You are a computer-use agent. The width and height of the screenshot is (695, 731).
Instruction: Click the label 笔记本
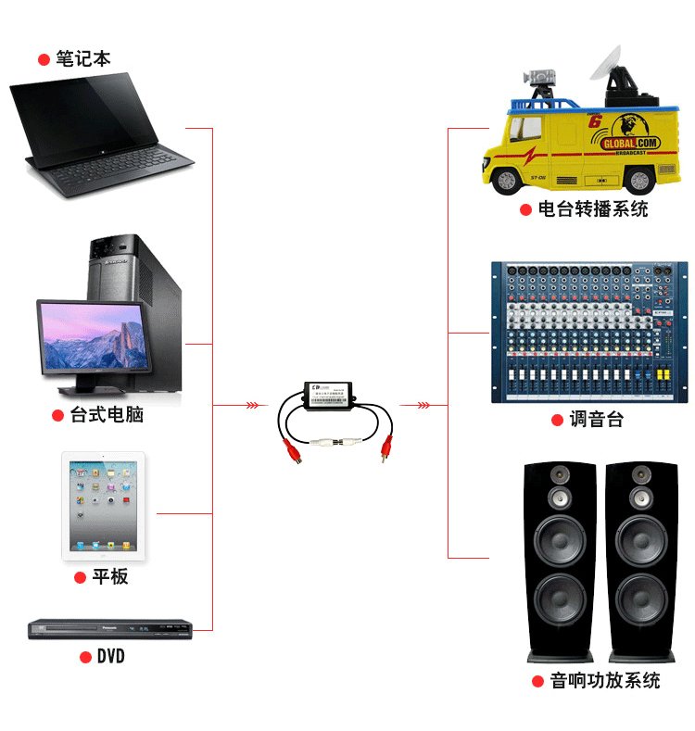coord(82,59)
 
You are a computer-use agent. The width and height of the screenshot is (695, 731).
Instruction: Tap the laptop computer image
coord(102,134)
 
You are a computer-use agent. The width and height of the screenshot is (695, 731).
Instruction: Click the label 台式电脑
coord(107,414)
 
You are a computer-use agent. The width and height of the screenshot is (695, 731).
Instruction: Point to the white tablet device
coord(104,505)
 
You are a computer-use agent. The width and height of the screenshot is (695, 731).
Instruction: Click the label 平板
coord(110,576)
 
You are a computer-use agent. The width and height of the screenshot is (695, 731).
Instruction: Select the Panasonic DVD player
coord(109,629)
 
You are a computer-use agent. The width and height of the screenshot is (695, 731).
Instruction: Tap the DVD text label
coord(110,657)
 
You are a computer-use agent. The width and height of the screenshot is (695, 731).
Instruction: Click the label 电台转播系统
coord(593,209)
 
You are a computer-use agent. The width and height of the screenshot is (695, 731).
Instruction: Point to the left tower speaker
coord(560,561)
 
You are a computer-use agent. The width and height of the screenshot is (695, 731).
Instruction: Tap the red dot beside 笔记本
coord(44,59)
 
